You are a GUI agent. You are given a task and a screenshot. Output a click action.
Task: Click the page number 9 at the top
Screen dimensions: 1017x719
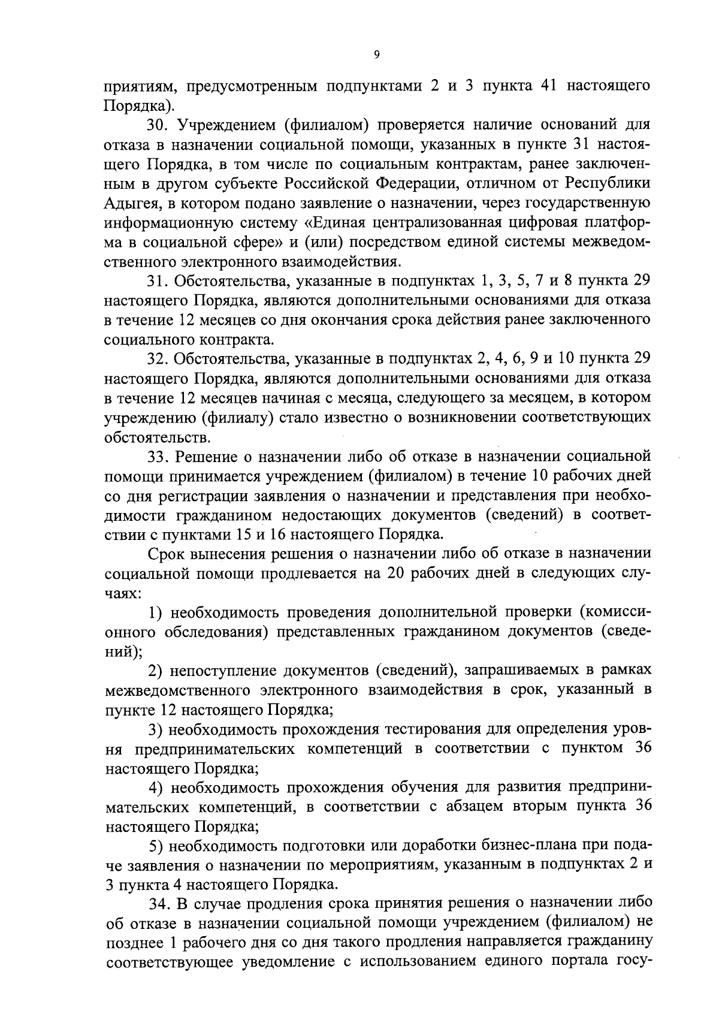click(376, 55)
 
